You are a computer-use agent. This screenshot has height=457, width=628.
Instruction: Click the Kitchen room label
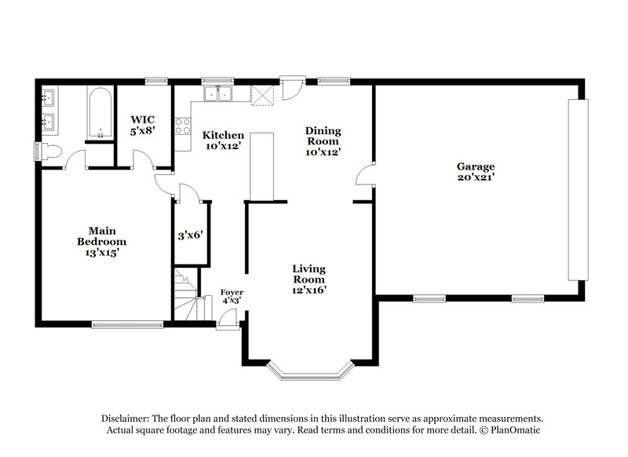coord(223,135)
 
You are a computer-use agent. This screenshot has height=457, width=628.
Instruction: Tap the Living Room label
coord(309,273)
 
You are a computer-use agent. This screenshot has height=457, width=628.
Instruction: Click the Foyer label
coord(232,292)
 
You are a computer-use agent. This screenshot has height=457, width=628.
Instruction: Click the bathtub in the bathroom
coord(99,113)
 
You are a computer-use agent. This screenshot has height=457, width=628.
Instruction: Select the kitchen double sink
coord(217,94)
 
